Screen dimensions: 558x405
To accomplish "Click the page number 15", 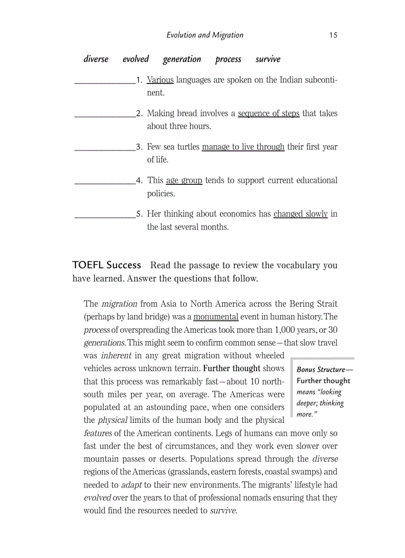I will [333, 35].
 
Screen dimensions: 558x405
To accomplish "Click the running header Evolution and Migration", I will [204, 35].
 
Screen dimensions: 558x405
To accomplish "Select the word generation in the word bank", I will [182, 59].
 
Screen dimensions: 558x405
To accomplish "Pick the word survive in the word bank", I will [268, 59].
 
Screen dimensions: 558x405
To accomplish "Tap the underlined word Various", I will [160, 80].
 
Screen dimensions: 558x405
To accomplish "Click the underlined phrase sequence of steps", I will [269, 113].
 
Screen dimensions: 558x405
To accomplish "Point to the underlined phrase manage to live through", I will [243, 147].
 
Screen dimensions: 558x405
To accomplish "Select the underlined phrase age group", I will [184, 180].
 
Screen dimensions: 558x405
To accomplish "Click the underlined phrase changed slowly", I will [300, 214].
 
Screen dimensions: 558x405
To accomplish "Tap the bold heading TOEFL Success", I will [107, 265].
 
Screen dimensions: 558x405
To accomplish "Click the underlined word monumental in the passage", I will [216, 317].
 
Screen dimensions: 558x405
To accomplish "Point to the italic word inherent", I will [116, 355].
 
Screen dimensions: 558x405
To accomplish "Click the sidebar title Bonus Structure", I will [321, 370].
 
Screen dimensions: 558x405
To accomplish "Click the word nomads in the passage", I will [268, 497].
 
